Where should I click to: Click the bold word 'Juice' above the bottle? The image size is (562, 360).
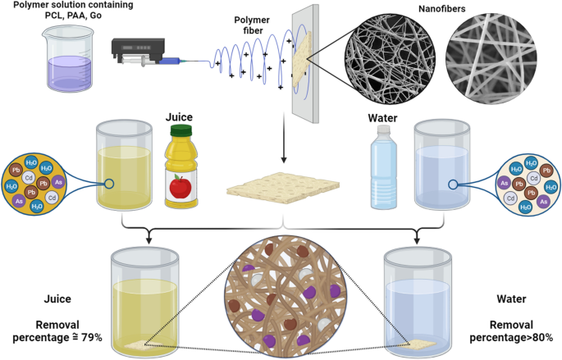(180, 117)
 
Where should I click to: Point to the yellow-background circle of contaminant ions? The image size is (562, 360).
(34, 185)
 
